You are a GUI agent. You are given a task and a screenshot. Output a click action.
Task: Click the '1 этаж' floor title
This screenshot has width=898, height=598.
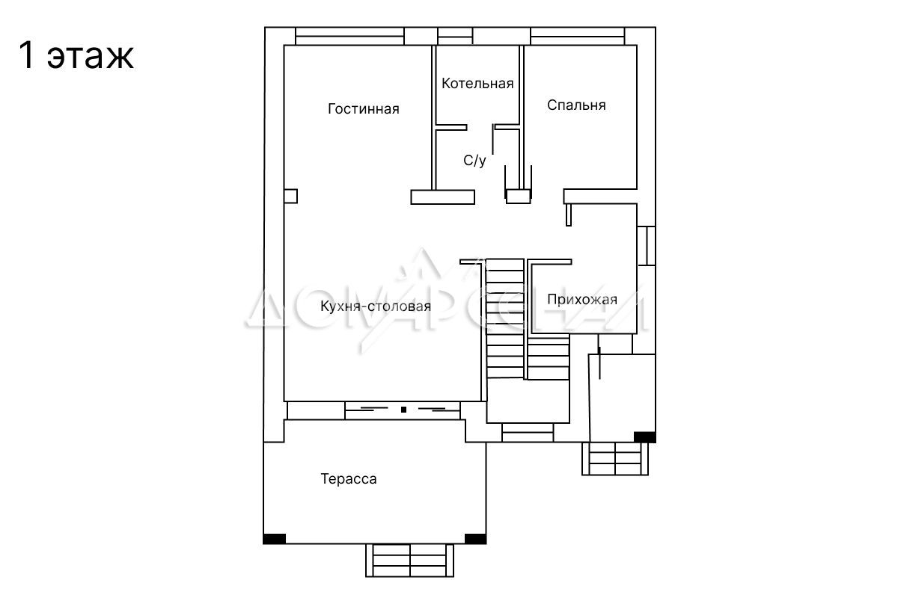point(76,55)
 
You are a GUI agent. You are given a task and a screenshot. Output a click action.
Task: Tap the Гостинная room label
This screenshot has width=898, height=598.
point(363,109)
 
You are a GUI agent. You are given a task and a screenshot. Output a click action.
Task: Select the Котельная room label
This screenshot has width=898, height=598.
point(477,83)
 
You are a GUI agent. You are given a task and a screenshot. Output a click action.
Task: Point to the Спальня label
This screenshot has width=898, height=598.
point(576,105)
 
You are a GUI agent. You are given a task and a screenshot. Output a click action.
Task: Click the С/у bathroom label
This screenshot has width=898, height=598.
point(474,160)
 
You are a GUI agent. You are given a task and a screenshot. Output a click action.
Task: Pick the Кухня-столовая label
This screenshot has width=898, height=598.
point(376,306)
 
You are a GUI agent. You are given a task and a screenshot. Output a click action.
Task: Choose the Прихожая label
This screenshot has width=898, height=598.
point(582,299)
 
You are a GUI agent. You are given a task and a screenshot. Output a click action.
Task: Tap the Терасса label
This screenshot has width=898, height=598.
point(349,478)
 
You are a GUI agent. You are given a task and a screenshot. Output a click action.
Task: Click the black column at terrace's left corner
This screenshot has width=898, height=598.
point(275,539)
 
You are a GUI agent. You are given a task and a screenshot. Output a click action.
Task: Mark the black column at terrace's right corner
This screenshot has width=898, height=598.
point(475,539)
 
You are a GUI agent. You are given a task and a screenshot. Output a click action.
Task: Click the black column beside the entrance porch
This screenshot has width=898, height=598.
point(644,437)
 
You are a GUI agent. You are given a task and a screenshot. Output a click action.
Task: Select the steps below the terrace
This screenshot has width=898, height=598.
point(410,561)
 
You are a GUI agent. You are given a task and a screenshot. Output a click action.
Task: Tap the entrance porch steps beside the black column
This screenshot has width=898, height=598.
point(615,459)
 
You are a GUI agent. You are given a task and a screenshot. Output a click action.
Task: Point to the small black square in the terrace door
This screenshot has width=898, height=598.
point(403,410)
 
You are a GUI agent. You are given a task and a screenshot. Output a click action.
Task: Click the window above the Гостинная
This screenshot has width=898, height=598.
point(349,36)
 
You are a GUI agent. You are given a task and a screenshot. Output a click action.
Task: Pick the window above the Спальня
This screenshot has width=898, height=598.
point(578,36)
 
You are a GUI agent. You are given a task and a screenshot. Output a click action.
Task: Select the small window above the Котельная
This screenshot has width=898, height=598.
point(455,36)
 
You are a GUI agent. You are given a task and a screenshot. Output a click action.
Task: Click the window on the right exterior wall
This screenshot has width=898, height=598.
point(647,246)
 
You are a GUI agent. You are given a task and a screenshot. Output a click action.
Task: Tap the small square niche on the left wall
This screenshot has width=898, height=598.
point(290,197)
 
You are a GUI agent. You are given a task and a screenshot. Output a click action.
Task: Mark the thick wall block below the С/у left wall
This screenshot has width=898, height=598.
point(443,197)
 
